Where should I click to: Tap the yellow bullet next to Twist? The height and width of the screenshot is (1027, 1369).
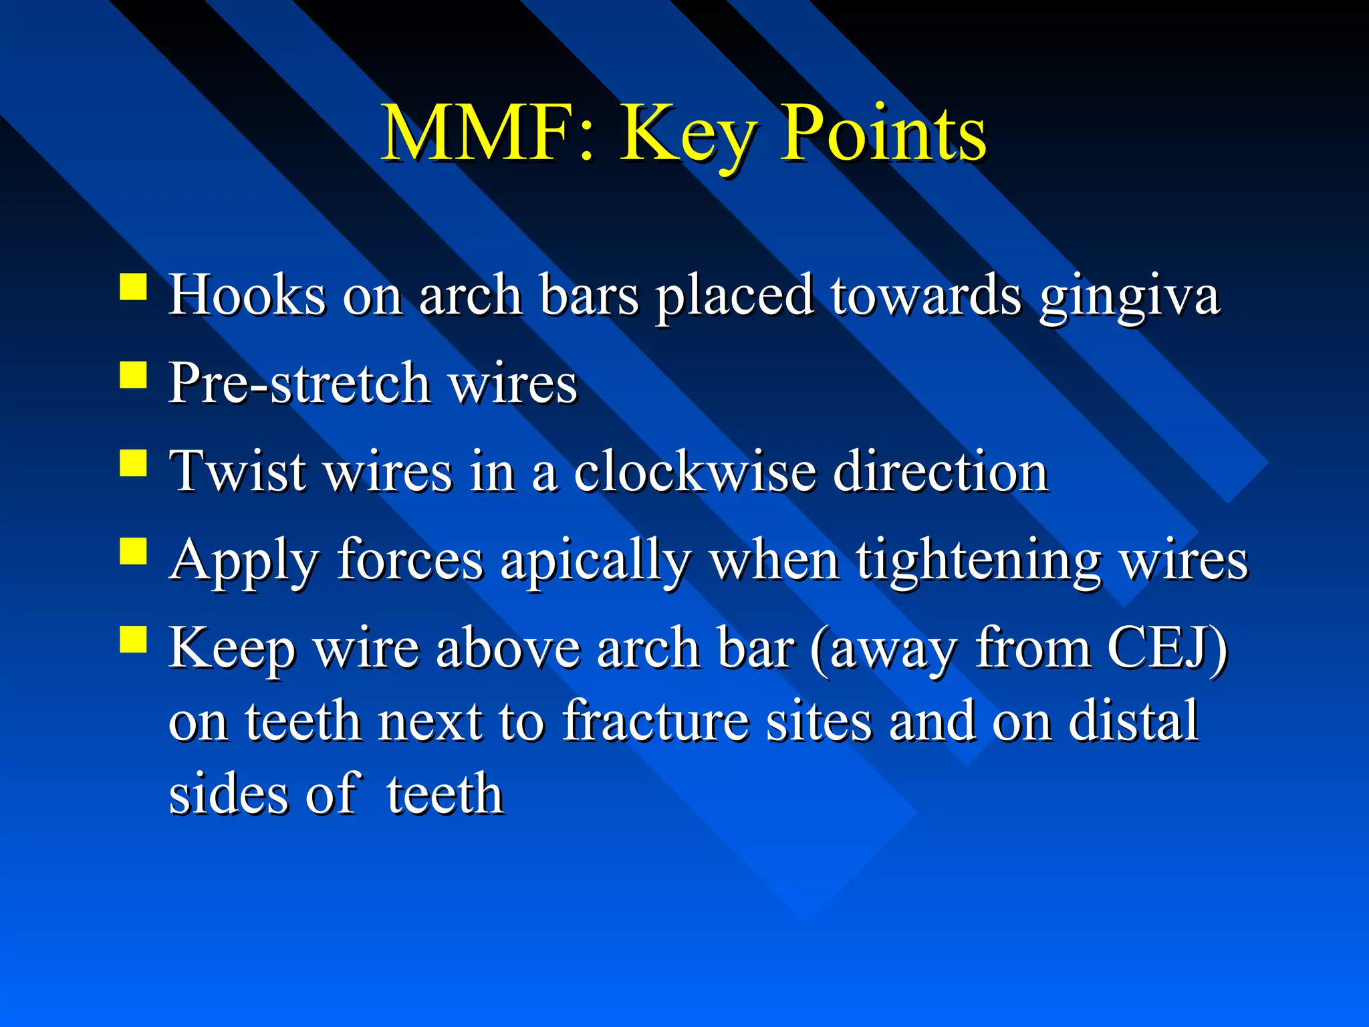coord(133,463)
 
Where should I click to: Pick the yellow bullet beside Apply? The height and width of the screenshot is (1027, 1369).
coord(133,552)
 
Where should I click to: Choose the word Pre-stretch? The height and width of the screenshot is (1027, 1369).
coord(299,383)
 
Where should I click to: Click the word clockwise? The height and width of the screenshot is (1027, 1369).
coord(695,471)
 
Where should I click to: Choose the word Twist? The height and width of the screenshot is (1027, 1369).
coord(239,471)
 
